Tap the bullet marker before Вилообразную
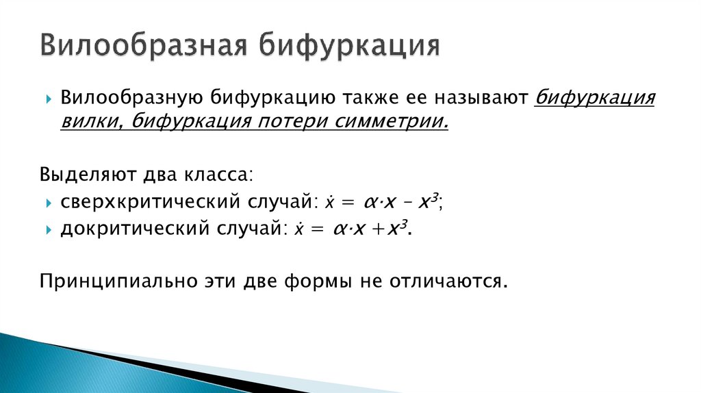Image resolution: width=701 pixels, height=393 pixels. pyautogui.click(x=49, y=100)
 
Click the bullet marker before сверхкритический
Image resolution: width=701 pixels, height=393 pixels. pyautogui.click(x=49, y=204)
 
